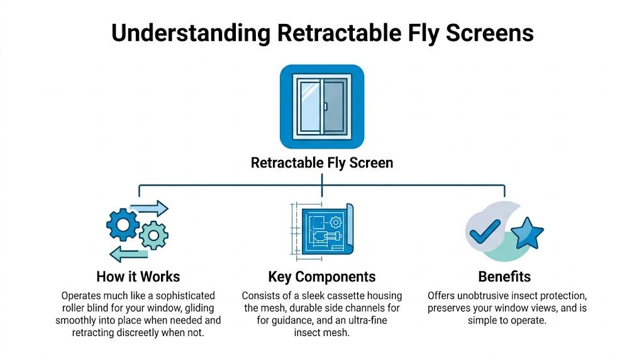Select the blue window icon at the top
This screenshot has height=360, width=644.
point(321,106)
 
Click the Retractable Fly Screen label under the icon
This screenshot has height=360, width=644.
point(321,163)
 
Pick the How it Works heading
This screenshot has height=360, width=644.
point(138,276)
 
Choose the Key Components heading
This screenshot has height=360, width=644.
point(321,277)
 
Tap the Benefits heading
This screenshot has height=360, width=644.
point(504,276)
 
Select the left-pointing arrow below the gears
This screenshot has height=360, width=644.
point(128,254)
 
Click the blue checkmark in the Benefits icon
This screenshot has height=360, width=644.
point(486,231)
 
